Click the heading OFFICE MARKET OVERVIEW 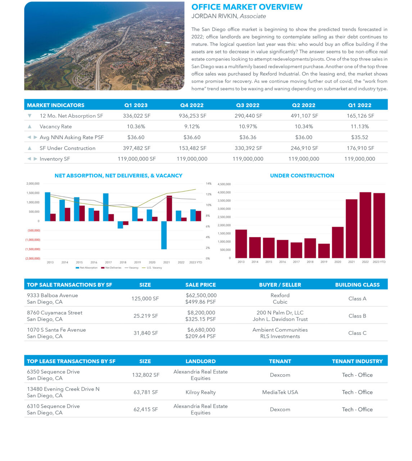(x=247, y=7)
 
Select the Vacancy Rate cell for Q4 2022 (x=192, y=126)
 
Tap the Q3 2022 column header (x=248, y=105)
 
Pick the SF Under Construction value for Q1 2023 (x=136, y=148)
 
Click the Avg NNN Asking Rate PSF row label (x=71, y=137)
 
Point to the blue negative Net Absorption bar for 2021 (x=164, y=235)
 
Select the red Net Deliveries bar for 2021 (x=169, y=208)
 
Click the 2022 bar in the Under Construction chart (x=365, y=225)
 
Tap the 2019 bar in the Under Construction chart (x=324, y=251)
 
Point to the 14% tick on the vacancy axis (x=208, y=184)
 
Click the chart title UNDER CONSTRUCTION (x=302, y=176)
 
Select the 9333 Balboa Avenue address (x=52, y=295)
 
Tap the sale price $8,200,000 (x=201, y=313)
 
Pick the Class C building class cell (x=357, y=333)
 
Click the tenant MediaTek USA (x=280, y=392)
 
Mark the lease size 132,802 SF (x=145, y=375)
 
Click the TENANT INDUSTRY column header (x=357, y=361)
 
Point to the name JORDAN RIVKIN (x=214, y=16)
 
